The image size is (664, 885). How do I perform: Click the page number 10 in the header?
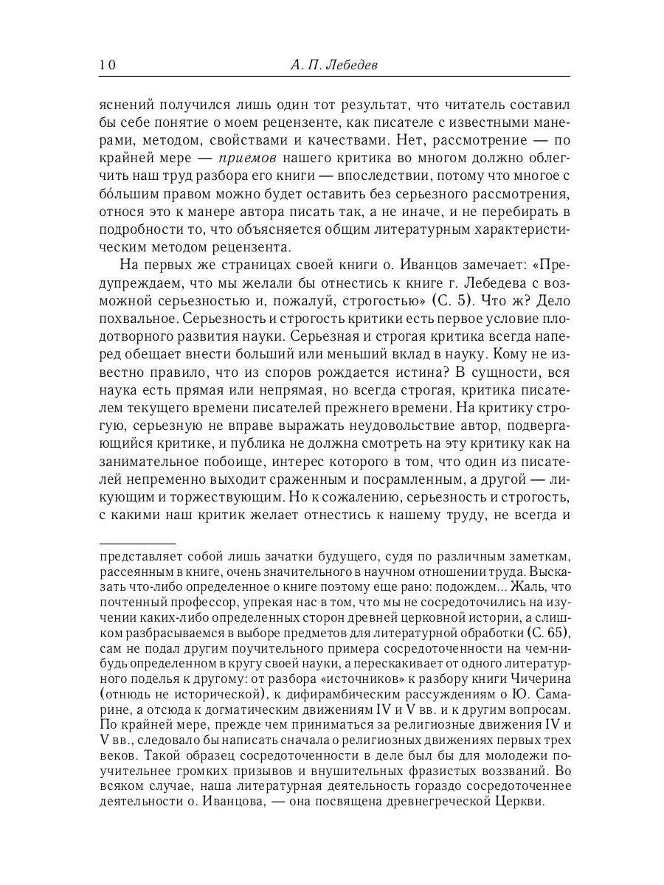click(107, 66)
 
